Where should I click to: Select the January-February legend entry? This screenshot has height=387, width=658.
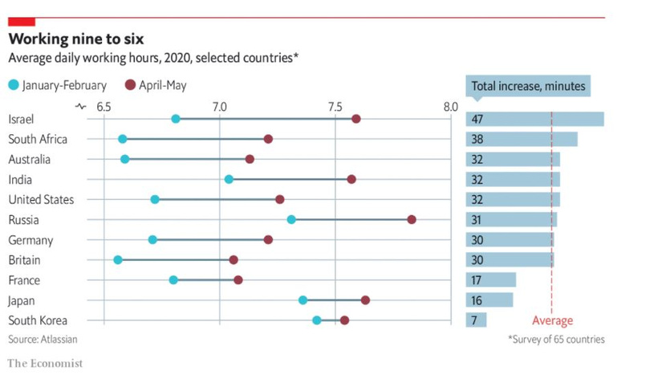[x=57, y=85]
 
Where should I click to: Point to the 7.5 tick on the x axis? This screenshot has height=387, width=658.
[x=335, y=106]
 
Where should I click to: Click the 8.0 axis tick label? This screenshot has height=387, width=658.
[x=450, y=106]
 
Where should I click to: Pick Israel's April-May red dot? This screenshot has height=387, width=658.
[x=356, y=119]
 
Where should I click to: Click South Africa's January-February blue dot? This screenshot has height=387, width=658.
[x=122, y=139]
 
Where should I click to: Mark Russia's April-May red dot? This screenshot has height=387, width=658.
[x=412, y=219]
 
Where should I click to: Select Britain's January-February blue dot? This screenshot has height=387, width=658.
[x=118, y=259]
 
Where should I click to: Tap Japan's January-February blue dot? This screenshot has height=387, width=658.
[x=303, y=299]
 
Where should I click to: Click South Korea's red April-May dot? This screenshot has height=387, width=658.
[x=344, y=320]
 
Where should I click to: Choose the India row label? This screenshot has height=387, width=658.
[x=19, y=179]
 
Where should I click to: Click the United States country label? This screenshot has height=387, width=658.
[x=40, y=199]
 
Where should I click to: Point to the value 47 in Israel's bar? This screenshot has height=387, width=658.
[x=478, y=119]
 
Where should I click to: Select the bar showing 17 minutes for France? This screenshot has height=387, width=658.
[x=491, y=279]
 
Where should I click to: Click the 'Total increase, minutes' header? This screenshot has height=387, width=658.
[x=528, y=86]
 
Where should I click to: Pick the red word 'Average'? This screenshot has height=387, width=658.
[x=552, y=321]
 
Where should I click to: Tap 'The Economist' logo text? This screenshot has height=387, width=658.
[x=45, y=364]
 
